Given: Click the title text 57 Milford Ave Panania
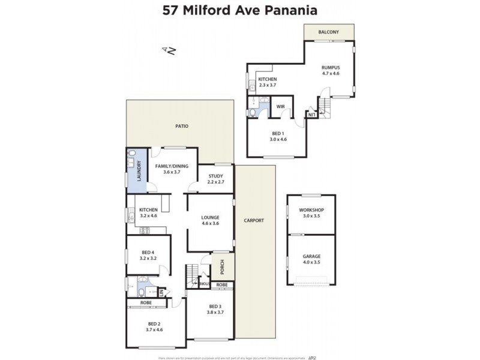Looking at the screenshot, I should pyautogui.click(x=240, y=10).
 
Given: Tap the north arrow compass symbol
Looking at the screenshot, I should pyautogui.click(x=168, y=51).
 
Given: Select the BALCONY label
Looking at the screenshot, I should pyautogui.click(x=328, y=32).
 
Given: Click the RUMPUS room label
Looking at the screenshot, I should pyautogui.click(x=331, y=67).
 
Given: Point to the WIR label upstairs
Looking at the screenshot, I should pyautogui.click(x=280, y=107).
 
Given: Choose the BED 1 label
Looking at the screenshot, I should pyautogui.click(x=277, y=133).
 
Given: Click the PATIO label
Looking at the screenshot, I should pyautogui.click(x=181, y=127).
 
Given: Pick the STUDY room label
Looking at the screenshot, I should pyautogui.click(x=215, y=176).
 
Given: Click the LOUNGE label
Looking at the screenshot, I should pyautogui.click(x=210, y=217).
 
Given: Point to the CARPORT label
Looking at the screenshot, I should pyautogui.click(x=254, y=220).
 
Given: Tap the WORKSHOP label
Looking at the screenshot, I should pyautogui.click(x=311, y=210).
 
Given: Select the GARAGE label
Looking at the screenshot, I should pyautogui.click(x=311, y=256).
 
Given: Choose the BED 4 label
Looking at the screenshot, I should pyautogui.click(x=148, y=252).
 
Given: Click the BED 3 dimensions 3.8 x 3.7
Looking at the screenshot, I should pyautogui.click(x=215, y=312).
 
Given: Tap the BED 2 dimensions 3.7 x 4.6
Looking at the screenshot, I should pyautogui.click(x=154, y=329).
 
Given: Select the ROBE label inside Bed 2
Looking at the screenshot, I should pyautogui.click(x=146, y=303).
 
